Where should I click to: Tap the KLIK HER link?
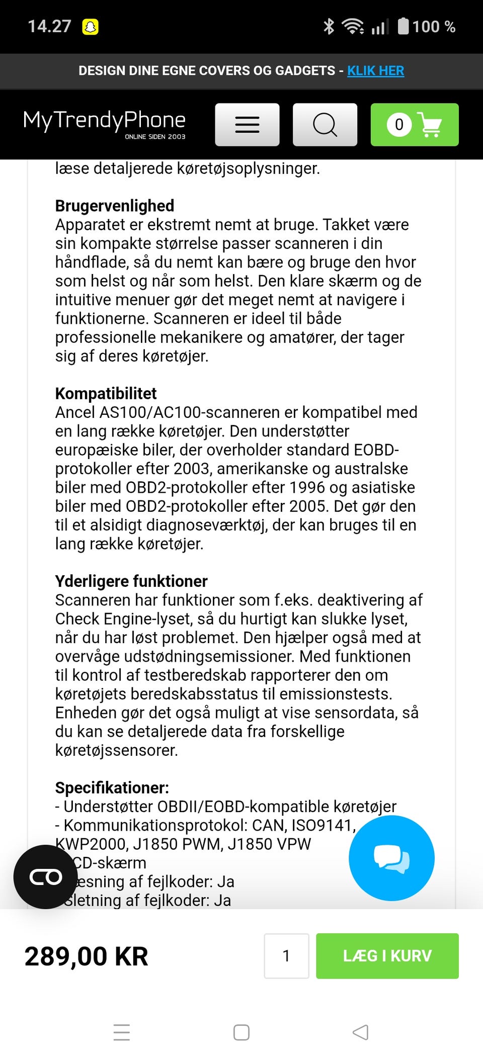click(x=375, y=71)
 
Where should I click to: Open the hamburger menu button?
click(x=247, y=125)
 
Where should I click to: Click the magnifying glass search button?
click(x=325, y=125)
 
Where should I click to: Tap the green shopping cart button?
click(x=415, y=125)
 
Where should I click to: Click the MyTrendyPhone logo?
click(x=105, y=123)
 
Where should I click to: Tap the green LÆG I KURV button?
click(x=387, y=956)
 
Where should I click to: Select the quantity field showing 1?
click(x=286, y=956)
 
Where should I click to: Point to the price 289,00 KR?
click(x=87, y=956)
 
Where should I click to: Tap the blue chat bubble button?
click(x=391, y=858)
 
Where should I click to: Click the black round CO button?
click(x=46, y=877)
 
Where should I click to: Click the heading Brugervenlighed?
click(x=115, y=206)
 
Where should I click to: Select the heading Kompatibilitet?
click(x=106, y=393)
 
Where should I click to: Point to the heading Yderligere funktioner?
click(x=131, y=581)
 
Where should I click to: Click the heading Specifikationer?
click(x=112, y=787)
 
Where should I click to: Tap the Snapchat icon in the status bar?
click(x=91, y=27)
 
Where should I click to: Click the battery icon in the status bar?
click(x=403, y=26)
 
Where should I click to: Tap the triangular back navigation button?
click(x=360, y=1032)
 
